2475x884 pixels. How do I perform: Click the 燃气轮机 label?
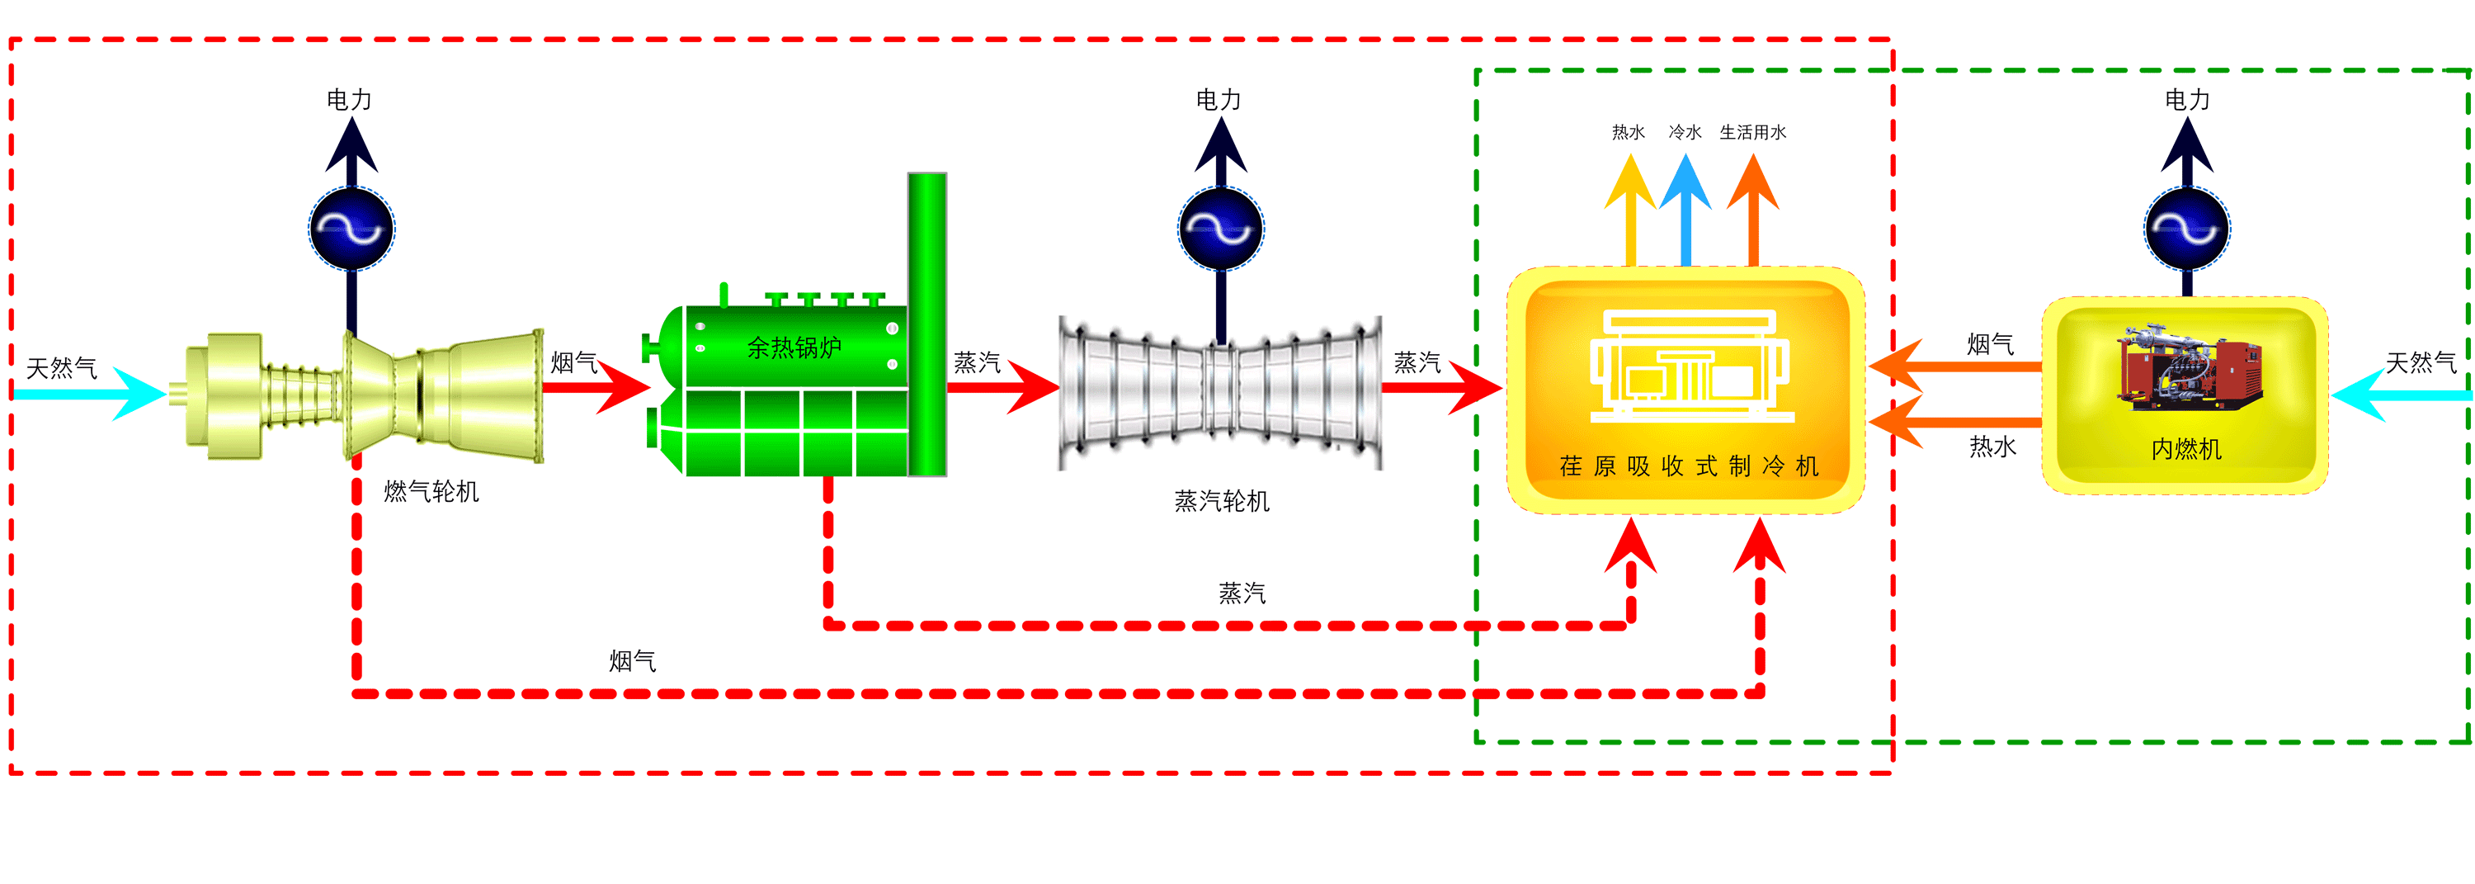431,492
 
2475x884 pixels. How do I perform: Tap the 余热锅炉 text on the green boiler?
794,347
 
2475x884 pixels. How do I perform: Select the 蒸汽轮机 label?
1221,501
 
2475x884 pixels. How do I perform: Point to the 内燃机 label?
2185,449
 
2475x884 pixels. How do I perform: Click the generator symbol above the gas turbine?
351,229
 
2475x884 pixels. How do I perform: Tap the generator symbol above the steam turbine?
1220,229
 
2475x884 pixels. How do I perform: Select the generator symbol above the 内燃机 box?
2187,229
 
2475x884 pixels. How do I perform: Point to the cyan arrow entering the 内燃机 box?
2392,395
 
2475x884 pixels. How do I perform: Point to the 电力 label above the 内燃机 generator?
2187,100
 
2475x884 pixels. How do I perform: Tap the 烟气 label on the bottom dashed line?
632,661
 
